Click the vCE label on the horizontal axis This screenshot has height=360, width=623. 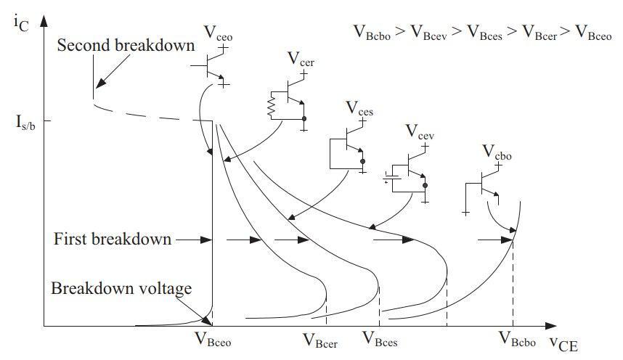pos(563,343)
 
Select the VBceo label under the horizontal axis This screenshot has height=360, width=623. pos(213,338)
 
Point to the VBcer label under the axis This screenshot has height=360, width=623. pos(319,339)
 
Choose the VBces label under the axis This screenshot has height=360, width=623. pos(380,339)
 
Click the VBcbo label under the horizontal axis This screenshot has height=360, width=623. pos(516,337)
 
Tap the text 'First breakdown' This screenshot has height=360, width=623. pos(112,239)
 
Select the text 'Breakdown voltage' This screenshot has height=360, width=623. pos(121,288)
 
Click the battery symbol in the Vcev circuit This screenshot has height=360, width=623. pos(392,175)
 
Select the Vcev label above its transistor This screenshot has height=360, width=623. pos(420,131)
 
